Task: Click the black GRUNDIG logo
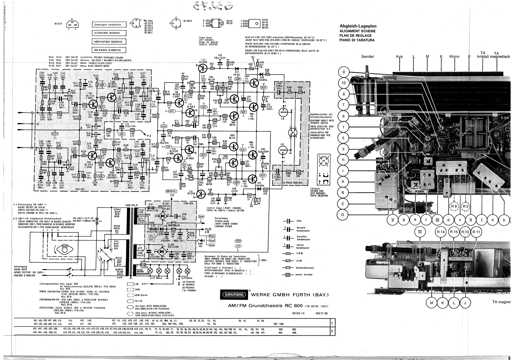[234, 295]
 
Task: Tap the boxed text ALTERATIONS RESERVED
[109, 33]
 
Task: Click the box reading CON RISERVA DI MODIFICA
[109, 50]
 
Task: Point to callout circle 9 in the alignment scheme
[344, 72]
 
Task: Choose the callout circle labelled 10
[344, 83]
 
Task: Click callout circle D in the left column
[343, 215]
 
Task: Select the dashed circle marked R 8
[453, 207]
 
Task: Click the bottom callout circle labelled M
[431, 303]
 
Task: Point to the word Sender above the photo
[367, 57]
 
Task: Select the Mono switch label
[454, 57]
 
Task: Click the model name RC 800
[290, 305]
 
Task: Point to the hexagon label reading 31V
[238, 246]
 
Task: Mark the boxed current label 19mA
[212, 236]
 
